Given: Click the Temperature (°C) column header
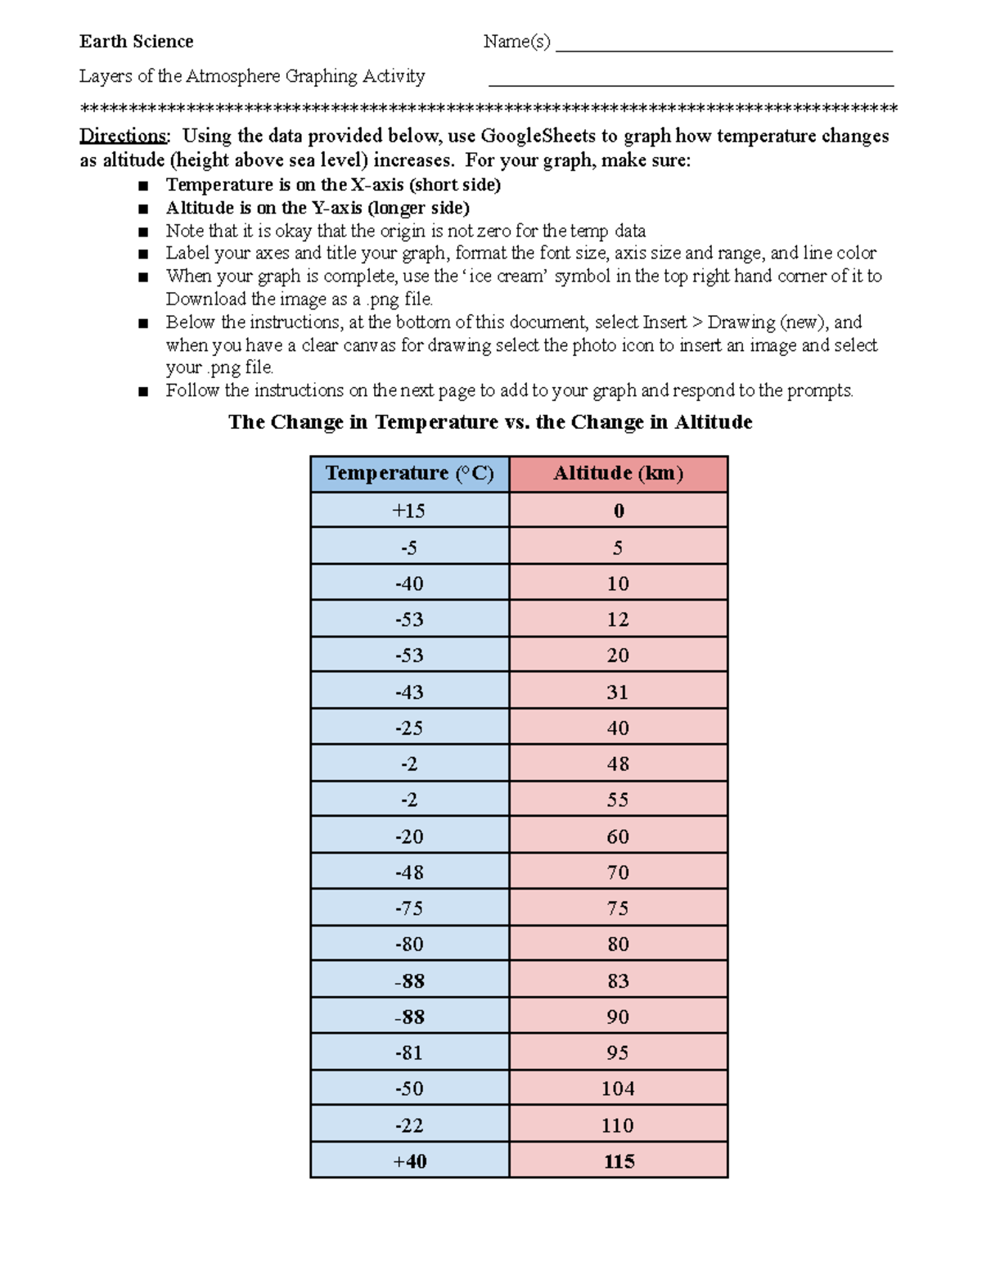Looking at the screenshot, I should pyautogui.click(x=409, y=473).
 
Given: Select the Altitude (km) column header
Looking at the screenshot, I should pyautogui.click(x=618, y=473).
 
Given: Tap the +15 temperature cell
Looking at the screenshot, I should pyautogui.click(x=409, y=511).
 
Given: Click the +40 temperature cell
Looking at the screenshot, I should pyautogui.click(x=409, y=1161).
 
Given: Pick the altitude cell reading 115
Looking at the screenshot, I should pyautogui.click(x=618, y=1161).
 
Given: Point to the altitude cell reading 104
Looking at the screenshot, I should pyautogui.click(x=618, y=1088).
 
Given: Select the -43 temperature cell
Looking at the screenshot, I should pyautogui.click(x=409, y=692).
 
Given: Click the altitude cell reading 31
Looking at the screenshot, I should pyautogui.click(x=618, y=692).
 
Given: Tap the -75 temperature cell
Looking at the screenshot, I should pyautogui.click(x=409, y=908).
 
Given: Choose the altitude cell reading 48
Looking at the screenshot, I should pyautogui.click(x=618, y=764).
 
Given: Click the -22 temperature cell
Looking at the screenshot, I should pyautogui.click(x=409, y=1125).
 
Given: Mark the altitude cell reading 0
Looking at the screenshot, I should pyautogui.click(x=618, y=511).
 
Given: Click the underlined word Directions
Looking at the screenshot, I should pyautogui.click(x=123, y=136).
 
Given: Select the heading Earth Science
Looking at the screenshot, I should pyautogui.click(x=136, y=42).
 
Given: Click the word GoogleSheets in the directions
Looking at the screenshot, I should pyautogui.click(x=538, y=136).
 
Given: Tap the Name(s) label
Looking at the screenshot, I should pyautogui.click(x=516, y=42).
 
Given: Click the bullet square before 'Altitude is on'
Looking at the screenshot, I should pyautogui.click(x=144, y=209).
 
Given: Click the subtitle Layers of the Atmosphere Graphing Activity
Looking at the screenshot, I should pyautogui.click(x=252, y=76).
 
